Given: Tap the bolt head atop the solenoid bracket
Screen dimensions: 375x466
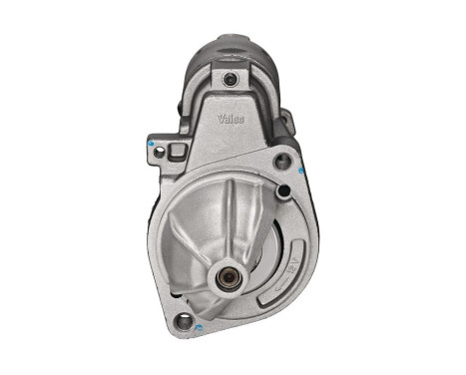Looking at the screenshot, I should pyautogui.click(x=231, y=80).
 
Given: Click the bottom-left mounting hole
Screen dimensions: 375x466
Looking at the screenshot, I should pyautogui.click(x=183, y=322).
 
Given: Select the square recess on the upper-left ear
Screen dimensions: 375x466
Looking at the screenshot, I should pyautogui.click(x=178, y=152).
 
